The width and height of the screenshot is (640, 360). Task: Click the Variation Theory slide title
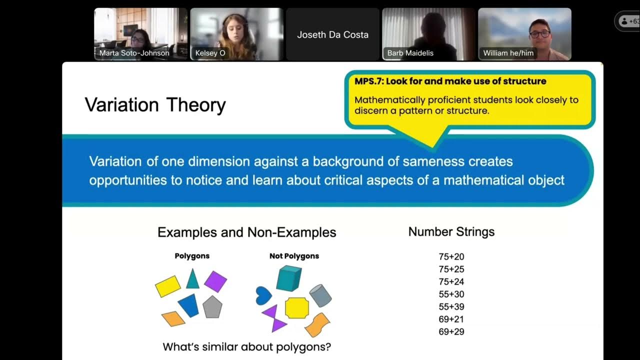tap(155, 105)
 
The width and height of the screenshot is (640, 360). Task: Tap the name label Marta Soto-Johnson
tap(134, 53)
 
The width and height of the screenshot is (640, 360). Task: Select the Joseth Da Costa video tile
tap(332, 34)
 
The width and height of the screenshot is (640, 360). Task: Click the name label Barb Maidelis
tap(410, 53)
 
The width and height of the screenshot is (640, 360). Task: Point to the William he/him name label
tap(508, 53)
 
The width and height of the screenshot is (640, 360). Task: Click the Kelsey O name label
tap(210, 53)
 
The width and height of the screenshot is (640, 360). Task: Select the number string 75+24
tap(451, 281)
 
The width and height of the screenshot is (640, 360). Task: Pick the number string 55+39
tap(451, 306)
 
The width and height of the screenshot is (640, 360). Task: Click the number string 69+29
tap(451, 331)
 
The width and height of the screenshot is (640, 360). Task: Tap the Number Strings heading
tap(451, 231)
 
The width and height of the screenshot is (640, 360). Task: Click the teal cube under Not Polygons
tap(288, 278)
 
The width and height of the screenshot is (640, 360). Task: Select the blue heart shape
tap(263, 295)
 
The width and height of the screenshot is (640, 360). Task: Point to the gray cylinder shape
tap(320, 295)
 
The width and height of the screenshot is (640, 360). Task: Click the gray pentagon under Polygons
tap(212, 306)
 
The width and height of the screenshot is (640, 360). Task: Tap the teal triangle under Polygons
tap(192, 279)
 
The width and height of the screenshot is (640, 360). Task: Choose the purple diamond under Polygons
tap(215, 281)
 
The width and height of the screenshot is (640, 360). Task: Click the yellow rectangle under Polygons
tap(167, 286)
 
